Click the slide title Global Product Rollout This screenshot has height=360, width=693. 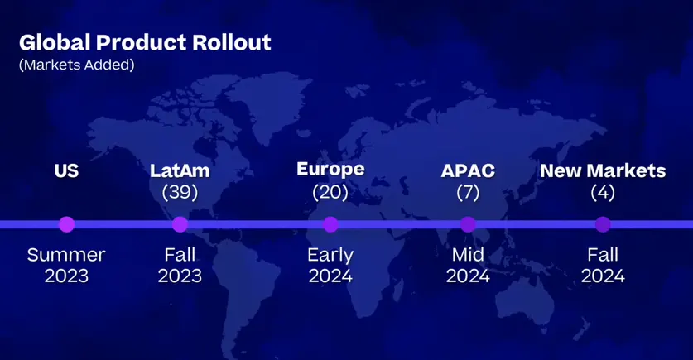tap(145, 43)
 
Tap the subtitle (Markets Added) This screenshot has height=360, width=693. tap(76, 65)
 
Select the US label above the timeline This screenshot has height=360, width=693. tap(67, 171)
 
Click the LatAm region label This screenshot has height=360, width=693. tap(180, 171)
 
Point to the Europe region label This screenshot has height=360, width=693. tap(330, 170)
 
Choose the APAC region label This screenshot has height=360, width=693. tap(468, 171)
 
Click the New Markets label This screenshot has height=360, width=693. tap(603, 171)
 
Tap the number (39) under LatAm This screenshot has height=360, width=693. tap(180, 193)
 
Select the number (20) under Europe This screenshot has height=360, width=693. tap(330, 193)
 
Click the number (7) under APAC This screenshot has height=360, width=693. tap(468, 193)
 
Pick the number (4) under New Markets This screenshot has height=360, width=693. tap(603, 193)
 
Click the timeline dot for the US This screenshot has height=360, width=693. tap(67, 224)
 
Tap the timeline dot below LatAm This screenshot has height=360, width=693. tap(180, 224)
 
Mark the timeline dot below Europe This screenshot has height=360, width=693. tap(330, 224)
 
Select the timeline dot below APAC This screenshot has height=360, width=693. tap(468, 224)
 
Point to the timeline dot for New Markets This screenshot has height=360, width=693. tap(603, 224)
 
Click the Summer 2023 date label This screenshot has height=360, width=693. tap(66, 266)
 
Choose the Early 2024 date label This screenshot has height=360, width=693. tap(330, 266)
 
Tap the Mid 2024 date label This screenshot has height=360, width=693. tap(468, 266)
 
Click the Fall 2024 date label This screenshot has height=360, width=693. tap(603, 266)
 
